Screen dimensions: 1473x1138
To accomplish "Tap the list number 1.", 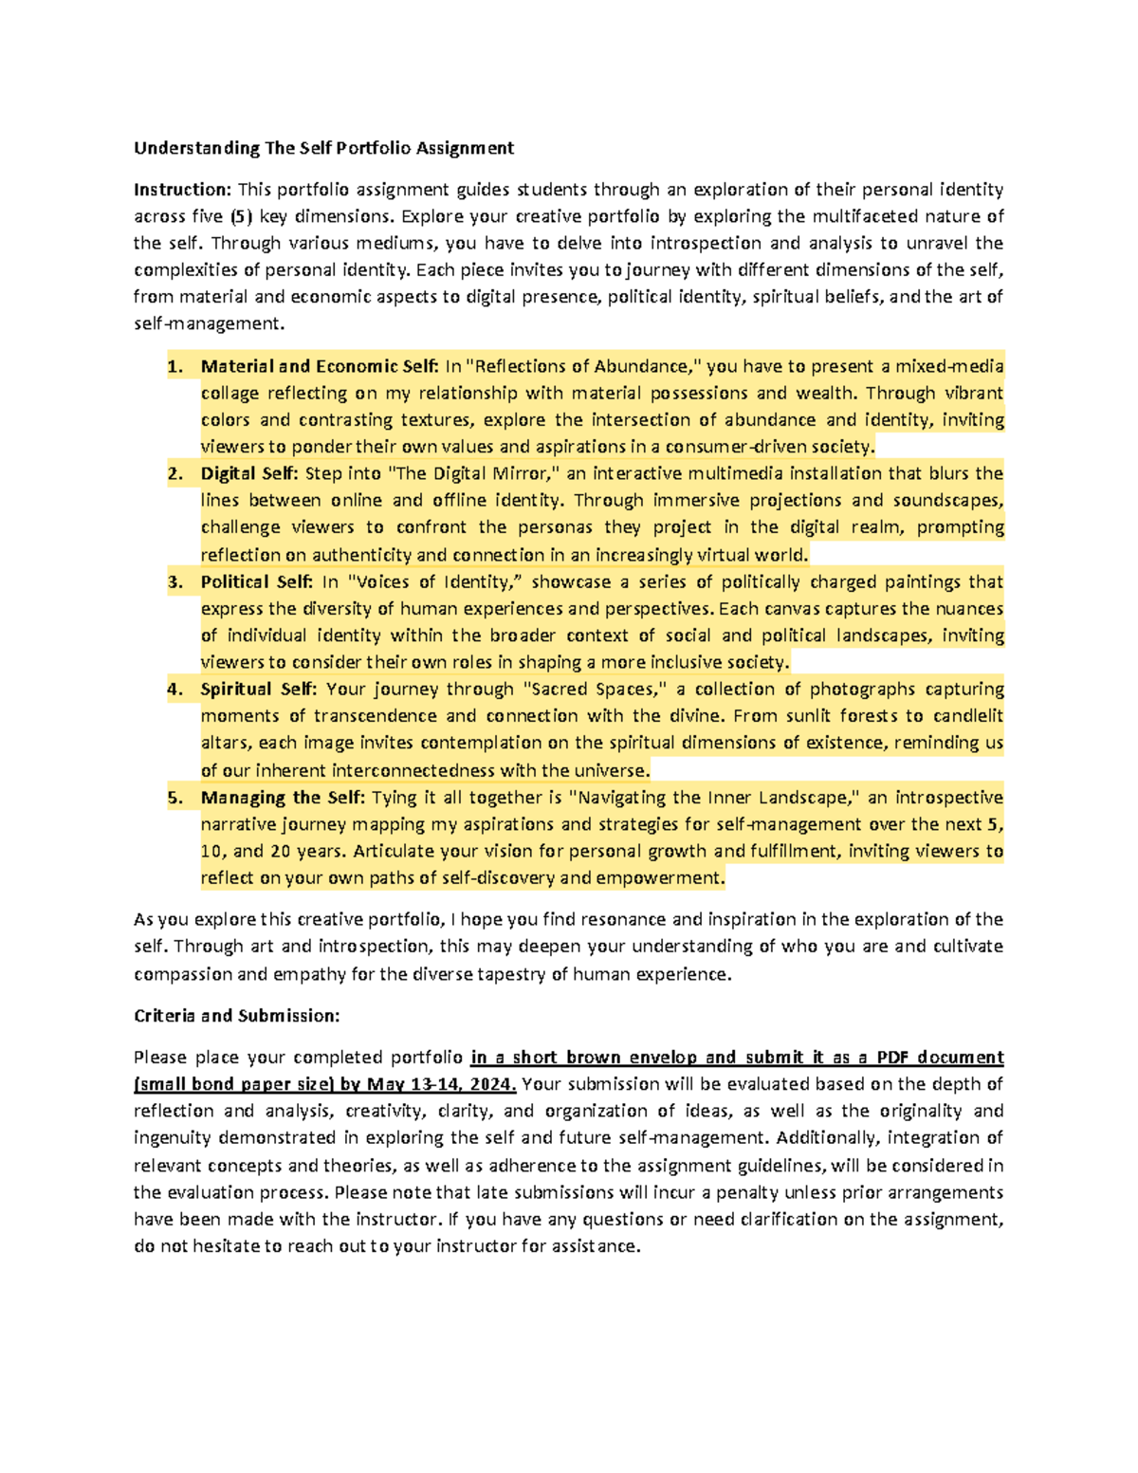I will coord(174,366).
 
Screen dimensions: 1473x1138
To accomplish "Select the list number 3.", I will coord(174,582).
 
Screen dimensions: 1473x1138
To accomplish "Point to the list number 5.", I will coord(174,798).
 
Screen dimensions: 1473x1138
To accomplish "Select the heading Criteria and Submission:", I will coord(236,1016).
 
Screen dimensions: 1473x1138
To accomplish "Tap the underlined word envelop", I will coord(660,1058).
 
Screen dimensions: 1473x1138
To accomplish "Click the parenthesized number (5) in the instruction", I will coord(241,216).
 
